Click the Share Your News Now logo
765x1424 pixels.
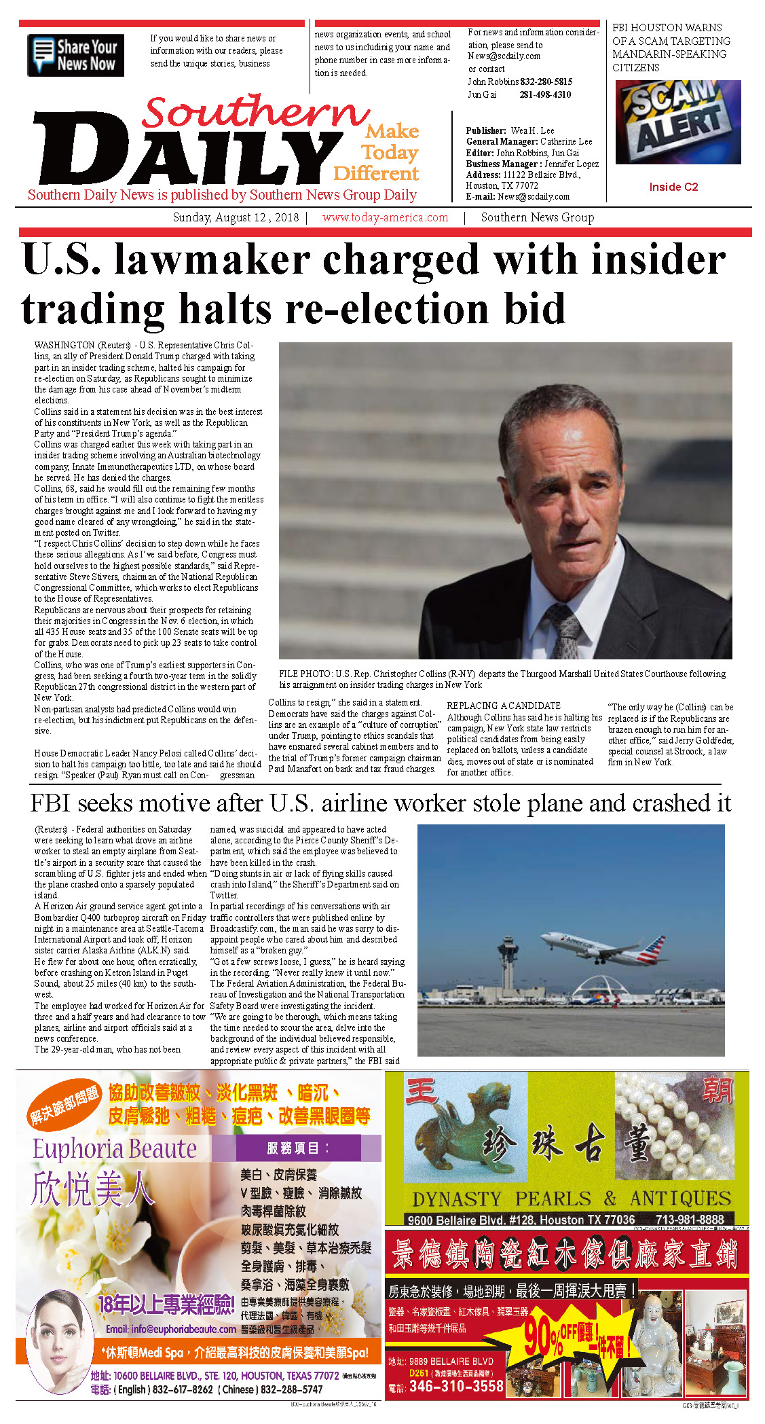click(x=75, y=55)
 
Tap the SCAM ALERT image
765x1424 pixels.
click(x=677, y=122)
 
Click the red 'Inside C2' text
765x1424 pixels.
click(x=673, y=187)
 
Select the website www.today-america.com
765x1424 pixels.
click(x=385, y=218)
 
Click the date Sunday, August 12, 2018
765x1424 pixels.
click(x=236, y=218)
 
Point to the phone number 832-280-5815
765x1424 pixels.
click(x=546, y=81)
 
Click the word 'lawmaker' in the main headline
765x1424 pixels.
click(x=212, y=260)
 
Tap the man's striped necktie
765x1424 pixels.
click(x=564, y=628)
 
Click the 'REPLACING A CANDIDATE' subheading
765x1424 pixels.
click(x=503, y=706)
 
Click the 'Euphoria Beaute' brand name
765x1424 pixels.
click(x=115, y=1148)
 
